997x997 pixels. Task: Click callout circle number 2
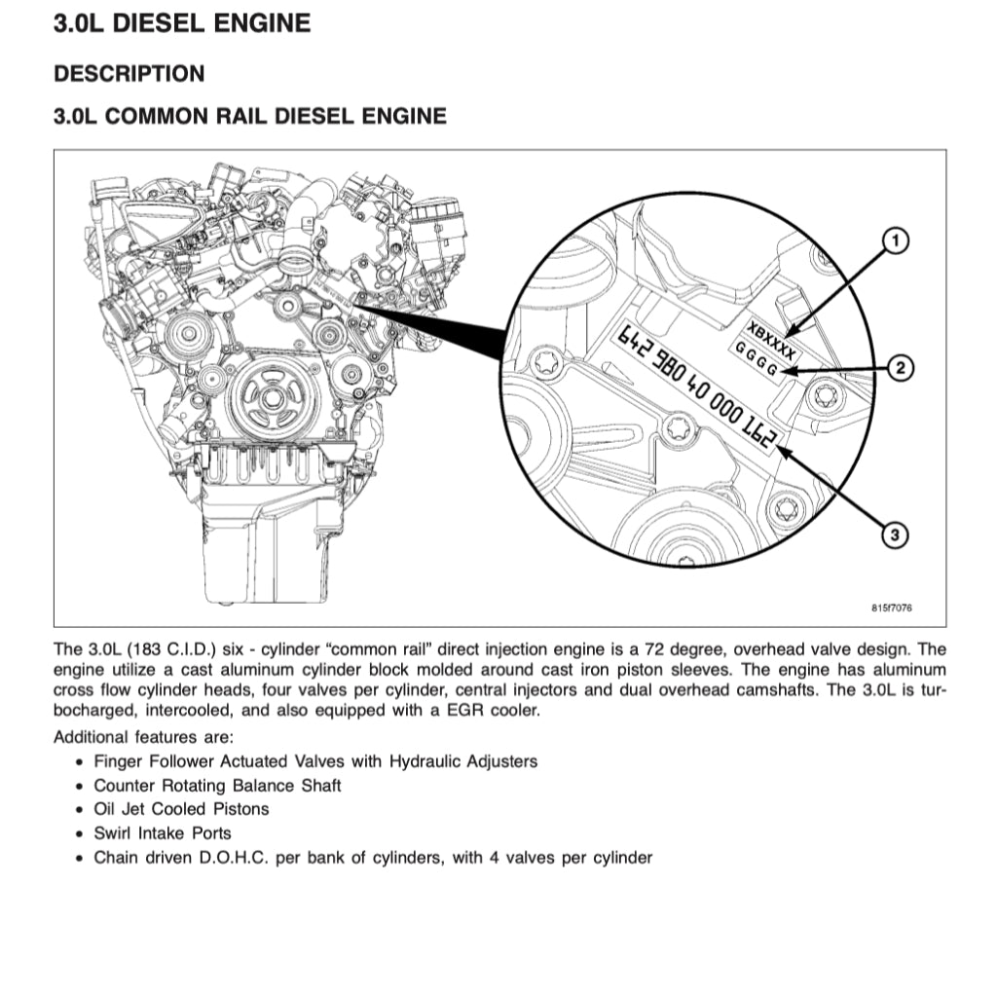(901, 367)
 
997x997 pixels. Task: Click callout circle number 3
(895, 534)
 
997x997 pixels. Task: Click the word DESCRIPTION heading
(129, 74)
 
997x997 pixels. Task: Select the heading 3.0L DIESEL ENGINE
(182, 23)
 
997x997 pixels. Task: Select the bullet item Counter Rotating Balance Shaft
(217, 785)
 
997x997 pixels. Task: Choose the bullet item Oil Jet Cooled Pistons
(181, 809)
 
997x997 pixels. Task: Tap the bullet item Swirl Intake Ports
(162, 833)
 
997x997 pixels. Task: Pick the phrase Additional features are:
(143, 737)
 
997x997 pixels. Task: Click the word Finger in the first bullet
(118, 761)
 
